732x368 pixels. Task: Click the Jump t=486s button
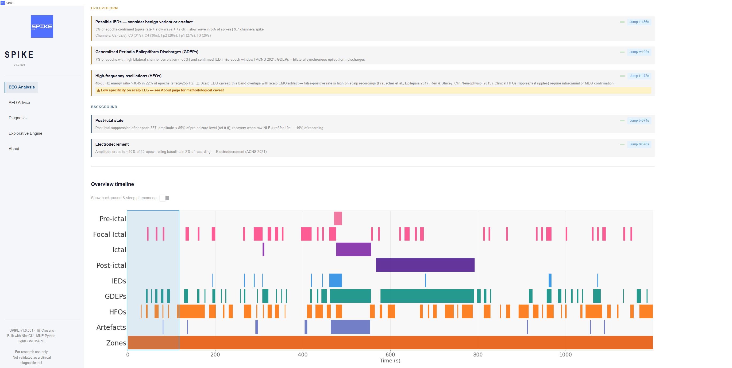tap(639, 22)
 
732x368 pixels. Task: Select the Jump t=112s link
tap(639, 76)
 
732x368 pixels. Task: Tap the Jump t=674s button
tap(639, 120)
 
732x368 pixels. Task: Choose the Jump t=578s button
tap(639, 144)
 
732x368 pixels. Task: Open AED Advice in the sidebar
tap(19, 103)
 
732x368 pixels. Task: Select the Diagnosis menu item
tap(18, 118)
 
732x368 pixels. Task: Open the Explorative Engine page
tap(26, 133)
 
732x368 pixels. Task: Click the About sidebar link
tap(14, 149)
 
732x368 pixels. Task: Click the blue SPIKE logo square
tap(42, 26)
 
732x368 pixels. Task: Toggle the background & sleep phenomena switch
tap(164, 198)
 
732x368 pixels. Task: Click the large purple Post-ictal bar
tap(425, 265)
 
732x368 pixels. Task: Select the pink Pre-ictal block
tap(338, 218)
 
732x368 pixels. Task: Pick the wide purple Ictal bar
tap(353, 249)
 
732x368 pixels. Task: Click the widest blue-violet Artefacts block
tap(350, 327)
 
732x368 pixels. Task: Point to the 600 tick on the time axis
tap(390, 354)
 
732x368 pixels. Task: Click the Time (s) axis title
tap(390, 361)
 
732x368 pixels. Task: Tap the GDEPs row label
tap(115, 296)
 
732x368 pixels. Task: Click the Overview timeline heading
tap(112, 184)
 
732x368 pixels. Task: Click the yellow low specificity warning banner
tap(373, 90)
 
